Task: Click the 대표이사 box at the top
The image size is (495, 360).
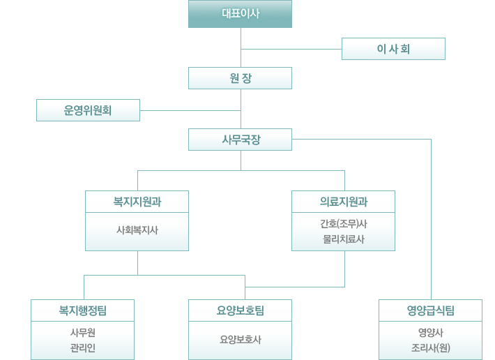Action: pyautogui.click(x=240, y=14)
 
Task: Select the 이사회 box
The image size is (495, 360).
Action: pyautogui.click(x=393, y=49)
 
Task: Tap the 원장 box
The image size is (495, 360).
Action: pyautogui.click(x=240, y=78)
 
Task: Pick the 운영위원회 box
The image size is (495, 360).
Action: pyautogui.click(x=88, y=110)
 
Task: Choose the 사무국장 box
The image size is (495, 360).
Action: pyautogui.click(x=240, y=140)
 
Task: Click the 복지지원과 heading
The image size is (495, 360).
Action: pyautogui.click(x=137, y=202)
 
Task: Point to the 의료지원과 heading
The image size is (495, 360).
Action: pyautogui.click(x=343, y=202)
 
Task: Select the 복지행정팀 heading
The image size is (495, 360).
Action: pyautogui.click(x=82, y=310)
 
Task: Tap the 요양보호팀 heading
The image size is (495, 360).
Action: pyautogui.click(x=240, y=310)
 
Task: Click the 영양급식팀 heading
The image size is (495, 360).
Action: pyautogui.click(x=431, y=310)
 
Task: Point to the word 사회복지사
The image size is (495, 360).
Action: pyautogui.click(x=137, y=229)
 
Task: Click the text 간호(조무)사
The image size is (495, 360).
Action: pyautogui.click(x=343, y=224)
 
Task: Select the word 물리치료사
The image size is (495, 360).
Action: pyautogui.click(x=343, y=239)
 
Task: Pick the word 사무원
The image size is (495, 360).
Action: pyautogui.click(x=82, y=332)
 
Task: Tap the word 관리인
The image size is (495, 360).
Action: pyautogui.click(x=82, y=347)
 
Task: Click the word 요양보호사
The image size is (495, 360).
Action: pyautogui.click(x=240, y=339)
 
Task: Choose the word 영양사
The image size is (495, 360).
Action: pyautogui.click(x=431, y=332)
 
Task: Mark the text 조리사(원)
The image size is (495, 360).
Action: pyautogui.click(x=431, y=347)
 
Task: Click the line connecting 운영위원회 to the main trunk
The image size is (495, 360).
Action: pyautogui.click(x=190, y=110)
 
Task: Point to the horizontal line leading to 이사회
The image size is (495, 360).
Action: pyautogui.click(x=291, y=49)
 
